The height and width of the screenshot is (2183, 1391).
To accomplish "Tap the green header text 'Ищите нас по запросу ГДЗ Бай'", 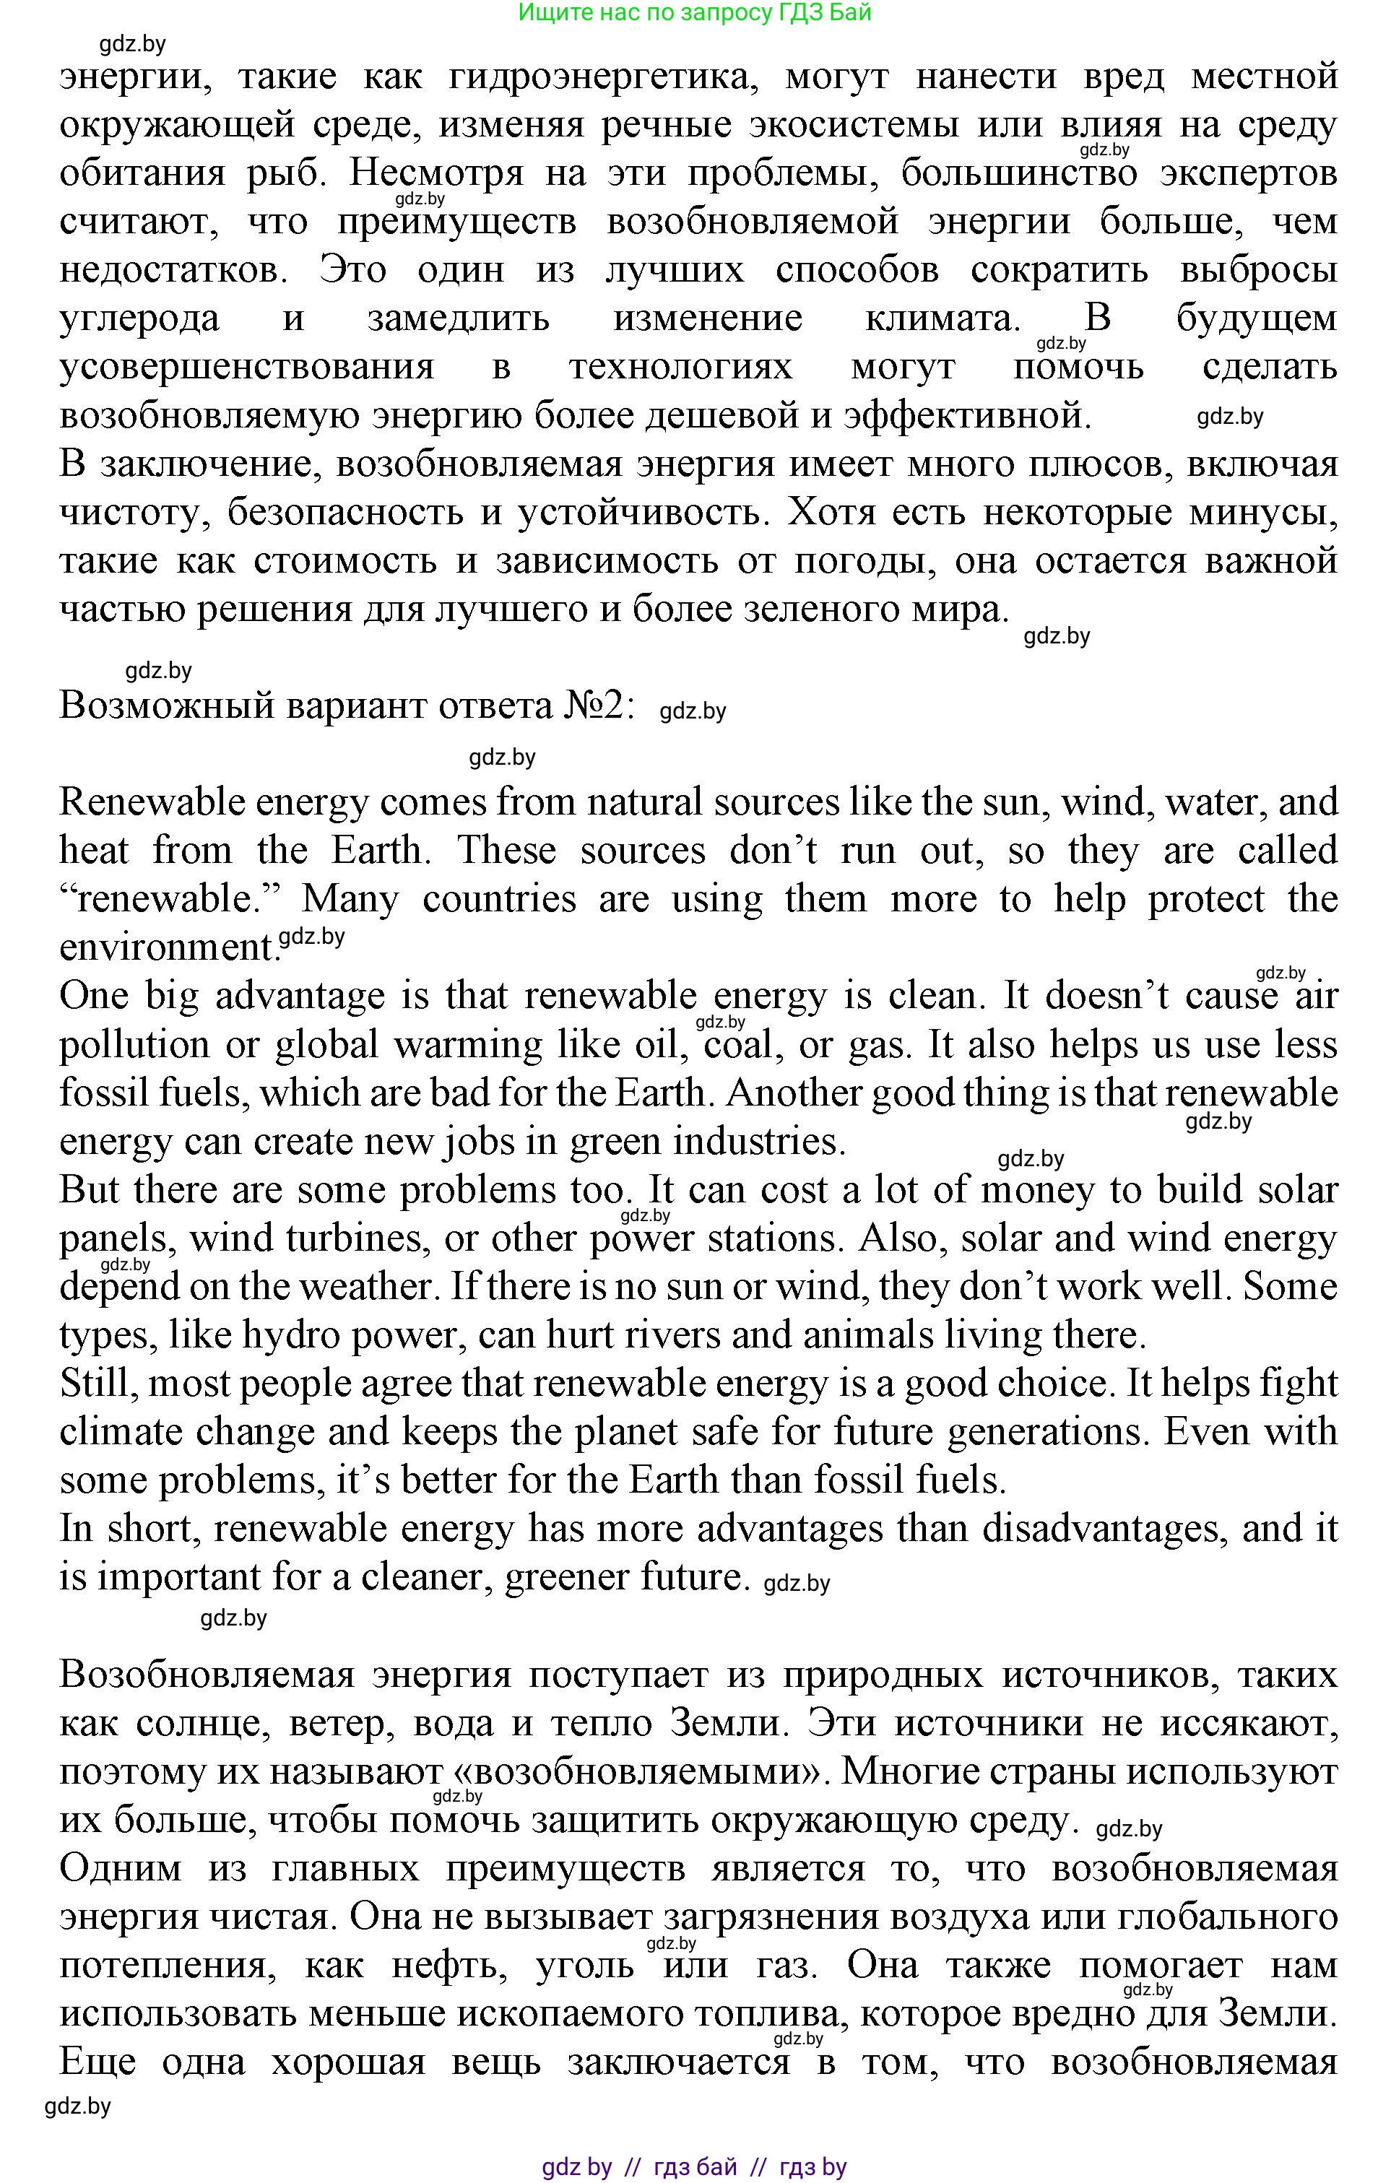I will click(x=695, y=13).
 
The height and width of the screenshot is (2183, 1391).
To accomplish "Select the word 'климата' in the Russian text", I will click(x=937, y=319).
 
